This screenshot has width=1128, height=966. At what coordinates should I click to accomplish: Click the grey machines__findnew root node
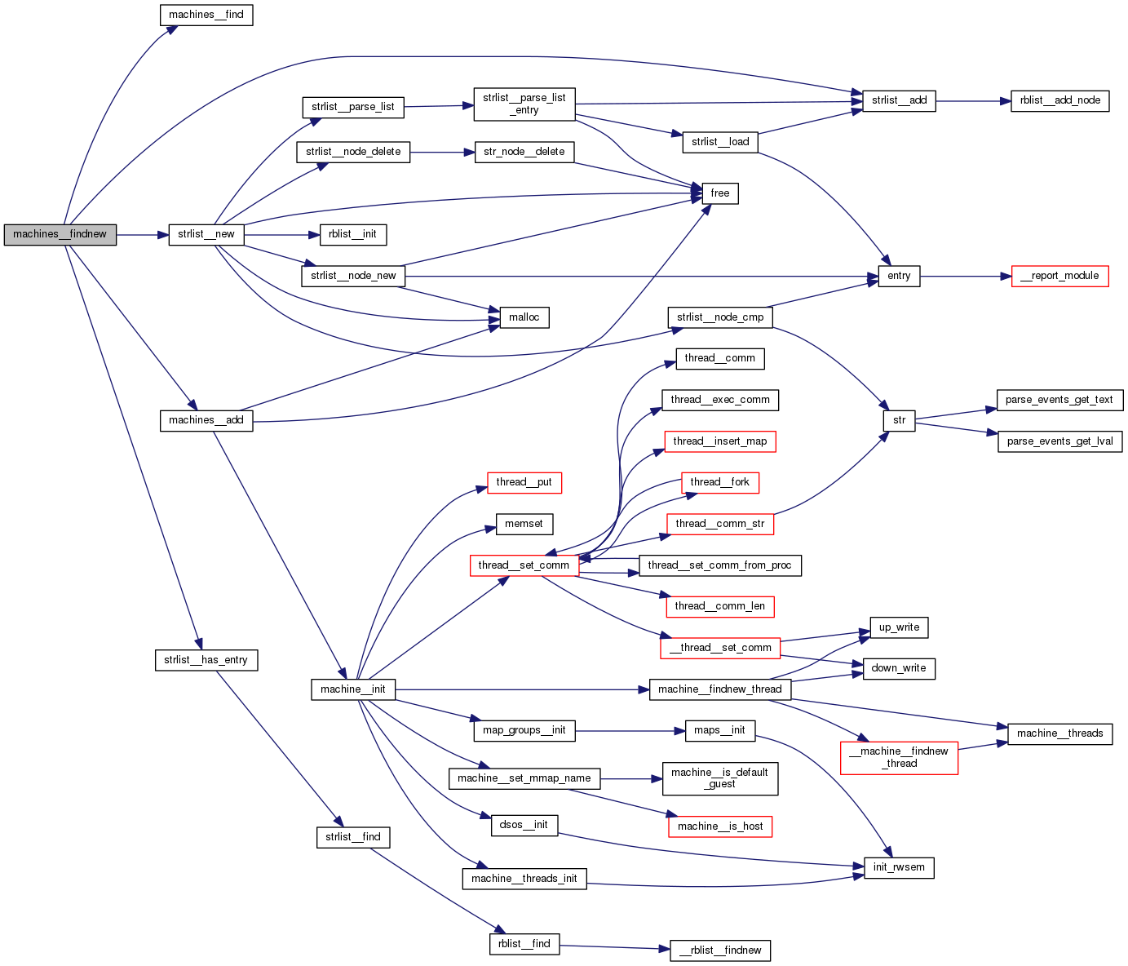pyautogui.click(x=60, y=234)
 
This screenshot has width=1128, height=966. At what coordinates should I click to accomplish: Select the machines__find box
pyautogui.click(x=206, y=15)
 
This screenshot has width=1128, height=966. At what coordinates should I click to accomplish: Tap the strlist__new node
pyautogui.click(x=206, y=234)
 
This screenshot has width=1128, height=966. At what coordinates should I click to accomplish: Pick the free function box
pyautogui.click(x=720, y=193)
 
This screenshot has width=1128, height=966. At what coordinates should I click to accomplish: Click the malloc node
pyautogui.click(x=524, y=317)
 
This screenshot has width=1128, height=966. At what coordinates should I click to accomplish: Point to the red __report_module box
pyautogui.click(x=1059, y=276)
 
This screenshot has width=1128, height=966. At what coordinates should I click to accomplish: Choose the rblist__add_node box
pyautogui.click(x=1059, y=100)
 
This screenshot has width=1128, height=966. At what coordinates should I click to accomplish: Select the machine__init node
pyautogui.click(x=353, y=689)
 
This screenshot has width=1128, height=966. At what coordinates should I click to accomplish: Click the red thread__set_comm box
pyautogui.click(x=524, y=565)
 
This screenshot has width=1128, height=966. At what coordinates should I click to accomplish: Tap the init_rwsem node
pyautogui.click(x=899, y=867)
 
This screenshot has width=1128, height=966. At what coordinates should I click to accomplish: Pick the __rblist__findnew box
pyautogui.click(x=720, y=950)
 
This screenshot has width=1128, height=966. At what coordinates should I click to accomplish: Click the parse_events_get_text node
pyautogui.click(x=1059, y=400)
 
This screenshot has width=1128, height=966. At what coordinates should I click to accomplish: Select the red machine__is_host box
pyautogui.click(x=720, y=826)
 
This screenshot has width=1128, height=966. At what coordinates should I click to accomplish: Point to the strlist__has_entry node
pyautogui.click(x=206, y=660)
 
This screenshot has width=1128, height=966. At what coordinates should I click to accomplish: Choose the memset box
pyautogui.click(x=524, y=524)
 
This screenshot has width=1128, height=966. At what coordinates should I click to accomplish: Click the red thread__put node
pyautogui.click(x=524, y=482)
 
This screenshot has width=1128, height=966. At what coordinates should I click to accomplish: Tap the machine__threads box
pyautogui.click(x=1059, y=733)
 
